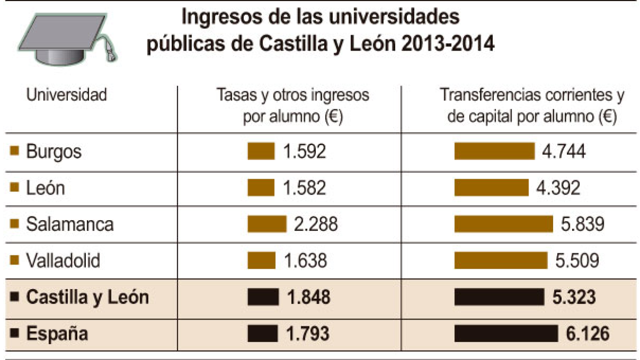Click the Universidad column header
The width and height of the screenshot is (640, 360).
pyautogui.click(x=67, y=94)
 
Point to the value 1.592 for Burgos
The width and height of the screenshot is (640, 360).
pyautogui.click(x=305, y=151)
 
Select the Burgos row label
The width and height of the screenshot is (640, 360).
pyautogui.click(x=54, y=151)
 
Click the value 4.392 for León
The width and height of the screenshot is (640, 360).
pyautogui.click(x=558, y=188)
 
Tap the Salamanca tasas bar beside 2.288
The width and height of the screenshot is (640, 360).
pyautogui.click(x=267, y=224)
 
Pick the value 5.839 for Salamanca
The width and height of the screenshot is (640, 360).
pyautogui.click(x=582, y=224)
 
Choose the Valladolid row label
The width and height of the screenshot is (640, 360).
pyautogui.click(x=63, y=260)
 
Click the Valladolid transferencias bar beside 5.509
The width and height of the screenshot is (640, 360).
pyautogui.click(x=501, y=260)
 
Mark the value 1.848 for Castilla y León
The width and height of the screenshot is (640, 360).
pyautogui.click(x=309, y=297)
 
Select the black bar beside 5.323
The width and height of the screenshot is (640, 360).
pyautogui.click(x=499, y=297)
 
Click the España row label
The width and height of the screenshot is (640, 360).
pyautogui.click(x=57, y=333)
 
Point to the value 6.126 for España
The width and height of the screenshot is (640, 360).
pyautogui.click(x=588, y=333)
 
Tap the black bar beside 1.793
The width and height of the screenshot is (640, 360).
pyautogui.click(x=262, y=333)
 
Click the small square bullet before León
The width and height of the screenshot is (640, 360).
pyautogui.click(x=14, y=187)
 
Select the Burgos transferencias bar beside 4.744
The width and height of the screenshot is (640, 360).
pyautogui.click(x=494, y=151)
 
